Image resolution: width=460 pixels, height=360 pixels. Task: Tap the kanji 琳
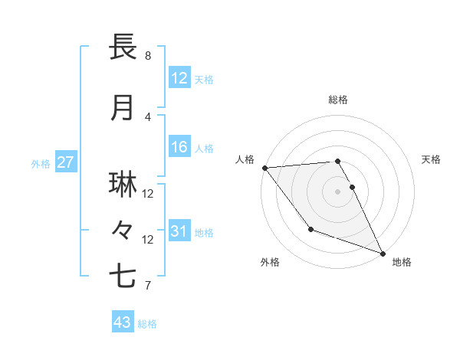(x=123, y=185)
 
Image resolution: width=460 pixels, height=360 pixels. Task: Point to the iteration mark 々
(x=123, y=229)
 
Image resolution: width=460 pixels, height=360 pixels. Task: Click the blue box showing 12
(x=179, y=78)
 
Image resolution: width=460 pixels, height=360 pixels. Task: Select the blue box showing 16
(x=179, y=148)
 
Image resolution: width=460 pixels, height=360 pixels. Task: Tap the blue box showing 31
(x=179, y=231)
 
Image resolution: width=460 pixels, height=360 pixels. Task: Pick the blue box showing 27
(x=65, y=162)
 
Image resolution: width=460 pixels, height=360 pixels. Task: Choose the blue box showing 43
(x=123, y=322)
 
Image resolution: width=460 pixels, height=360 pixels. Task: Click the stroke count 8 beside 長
(x=148, y=56)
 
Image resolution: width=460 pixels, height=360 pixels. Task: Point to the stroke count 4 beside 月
(x=148, y=117)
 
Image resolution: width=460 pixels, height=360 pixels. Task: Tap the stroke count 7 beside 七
(x=148, y=286)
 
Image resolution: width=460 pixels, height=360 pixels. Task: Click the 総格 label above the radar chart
(x=338, y=100)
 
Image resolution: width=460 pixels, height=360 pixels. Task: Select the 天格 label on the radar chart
(x=432, y=159)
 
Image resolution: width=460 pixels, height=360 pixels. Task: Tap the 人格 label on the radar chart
(x=245, y=159)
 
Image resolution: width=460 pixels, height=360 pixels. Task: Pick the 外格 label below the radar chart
(x=269, y=262)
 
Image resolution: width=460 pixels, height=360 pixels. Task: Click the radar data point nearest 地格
(x=383, y=253)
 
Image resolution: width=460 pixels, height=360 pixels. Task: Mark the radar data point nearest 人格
(x=264, y=167)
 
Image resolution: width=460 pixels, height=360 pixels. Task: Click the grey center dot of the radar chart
(x=338, y=191)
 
